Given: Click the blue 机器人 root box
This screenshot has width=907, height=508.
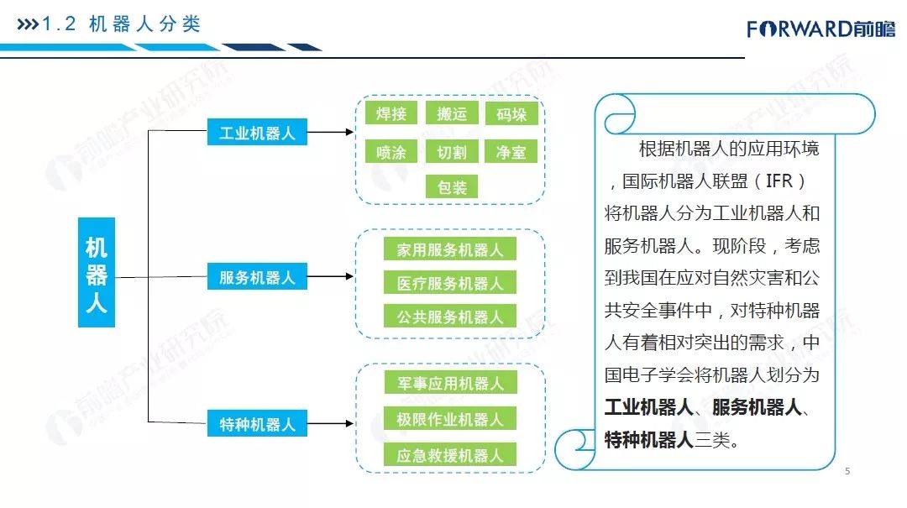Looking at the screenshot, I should pyautogui.click(x=97, y=272).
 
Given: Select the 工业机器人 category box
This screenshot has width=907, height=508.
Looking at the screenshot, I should pyautogui.click(x=257, y=133).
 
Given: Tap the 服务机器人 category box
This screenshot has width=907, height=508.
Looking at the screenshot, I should pyautogui.click(x=257, y=277).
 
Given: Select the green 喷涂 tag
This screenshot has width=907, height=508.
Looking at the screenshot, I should pyautogui.click(x=391, y=152).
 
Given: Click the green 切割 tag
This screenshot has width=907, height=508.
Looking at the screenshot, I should pyautogui.click(x=451, y=152).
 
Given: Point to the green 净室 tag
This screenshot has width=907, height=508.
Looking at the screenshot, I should pyautogui.click(x=511, y=152).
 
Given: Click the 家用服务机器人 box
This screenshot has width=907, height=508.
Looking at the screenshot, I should pyautogui.click(x=450, y=249).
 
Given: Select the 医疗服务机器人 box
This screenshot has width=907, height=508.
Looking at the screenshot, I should pyautogui.click(x=450, y=284).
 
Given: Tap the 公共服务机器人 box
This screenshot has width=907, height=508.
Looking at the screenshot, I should pyautogui.click(x=450, y=317).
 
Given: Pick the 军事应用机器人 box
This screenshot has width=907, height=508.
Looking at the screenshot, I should pyautogui.click(x=450, y=383).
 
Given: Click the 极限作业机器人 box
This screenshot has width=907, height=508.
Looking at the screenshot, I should pyautogui.click(x=450, y=419).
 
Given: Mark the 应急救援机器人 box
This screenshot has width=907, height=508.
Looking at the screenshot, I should pyautogui.click(x=450, y=456).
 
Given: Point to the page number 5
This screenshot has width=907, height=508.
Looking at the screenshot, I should pyautogui.click(x=847, y=471).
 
